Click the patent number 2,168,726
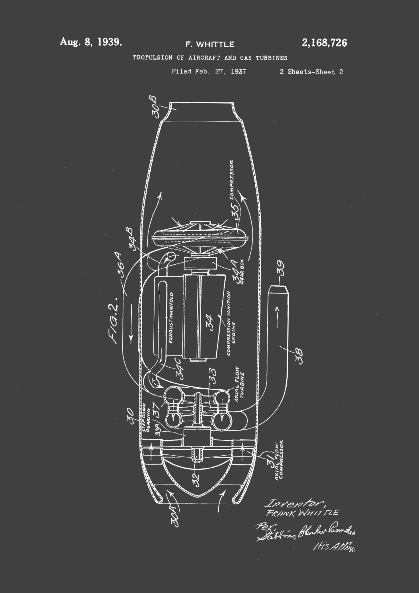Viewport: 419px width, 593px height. (x=324, y=43)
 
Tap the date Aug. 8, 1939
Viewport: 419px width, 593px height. (x=91, y=42)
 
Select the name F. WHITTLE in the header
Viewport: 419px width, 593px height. (x=210, y=44)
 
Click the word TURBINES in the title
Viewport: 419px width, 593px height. (x=271, y=58)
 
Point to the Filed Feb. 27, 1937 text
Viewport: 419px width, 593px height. (x=209, y=72)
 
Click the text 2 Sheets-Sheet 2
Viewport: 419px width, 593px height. (x=311, y=72)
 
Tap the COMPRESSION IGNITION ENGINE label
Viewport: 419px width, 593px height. (x=231, y=323)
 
